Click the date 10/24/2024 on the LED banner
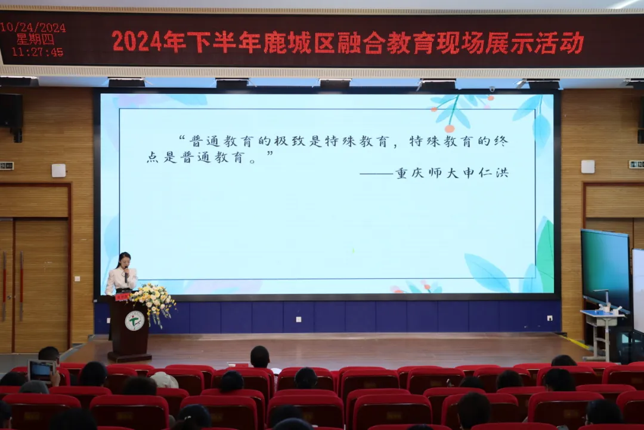[x=33, y=27]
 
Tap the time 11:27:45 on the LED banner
[x=38, y=52]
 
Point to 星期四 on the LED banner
[x=35, y=39]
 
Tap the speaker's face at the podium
[x=125, y=262]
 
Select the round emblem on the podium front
[x=134, y=321]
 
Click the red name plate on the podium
[x=122, y=297]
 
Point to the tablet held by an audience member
[x=41, y=371]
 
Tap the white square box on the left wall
[x=58, y=170]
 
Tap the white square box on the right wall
[x=588, y=167]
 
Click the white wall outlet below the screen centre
[x=299, y=320]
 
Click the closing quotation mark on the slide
[x=270, y=154]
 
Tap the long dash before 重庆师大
[x=377, y=174]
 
